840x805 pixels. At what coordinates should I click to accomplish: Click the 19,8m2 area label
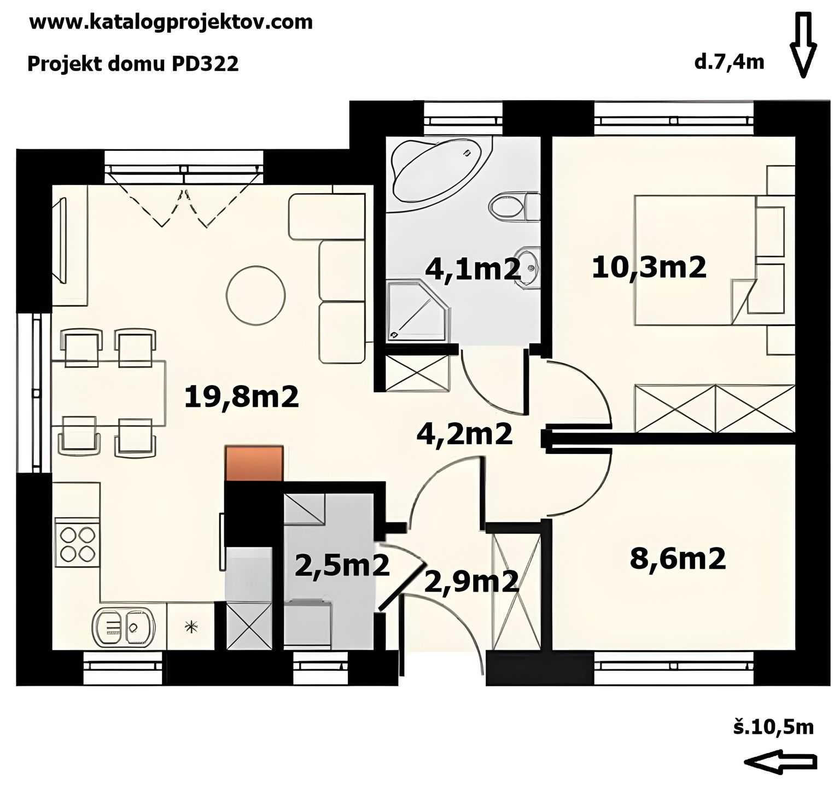tap(242, 397)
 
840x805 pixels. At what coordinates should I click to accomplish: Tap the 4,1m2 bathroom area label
tap(473, 269)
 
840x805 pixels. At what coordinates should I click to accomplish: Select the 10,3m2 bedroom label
tap(649, 268)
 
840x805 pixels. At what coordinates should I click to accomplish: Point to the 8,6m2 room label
tap(678, 559)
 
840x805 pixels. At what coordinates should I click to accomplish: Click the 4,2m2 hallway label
tap(464, 434)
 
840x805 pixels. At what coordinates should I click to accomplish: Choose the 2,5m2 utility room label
tap(342, 565)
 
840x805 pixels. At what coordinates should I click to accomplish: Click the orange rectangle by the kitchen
tap(254, 464)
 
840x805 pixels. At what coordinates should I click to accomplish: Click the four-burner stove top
tap(77, 542)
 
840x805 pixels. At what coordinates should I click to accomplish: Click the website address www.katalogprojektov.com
tap(171, 23)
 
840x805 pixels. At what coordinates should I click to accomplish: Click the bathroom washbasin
tap(528, 266)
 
